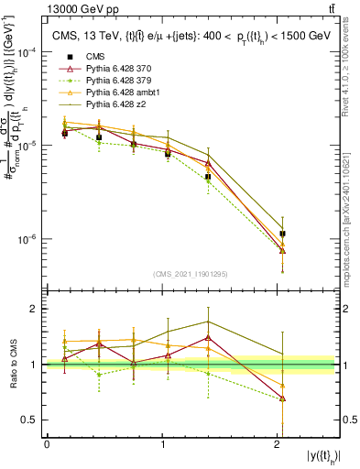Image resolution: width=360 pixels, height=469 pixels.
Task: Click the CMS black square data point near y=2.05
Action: click(x=282, y=234)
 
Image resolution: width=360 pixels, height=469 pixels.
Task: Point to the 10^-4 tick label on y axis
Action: click(x=27, y=53)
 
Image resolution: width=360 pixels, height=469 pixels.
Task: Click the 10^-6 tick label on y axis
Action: click(x=27, y=240)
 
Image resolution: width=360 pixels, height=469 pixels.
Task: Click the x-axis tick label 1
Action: click(x=163, y=444)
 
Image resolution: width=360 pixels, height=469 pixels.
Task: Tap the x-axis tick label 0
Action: click(x=47, y=444)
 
